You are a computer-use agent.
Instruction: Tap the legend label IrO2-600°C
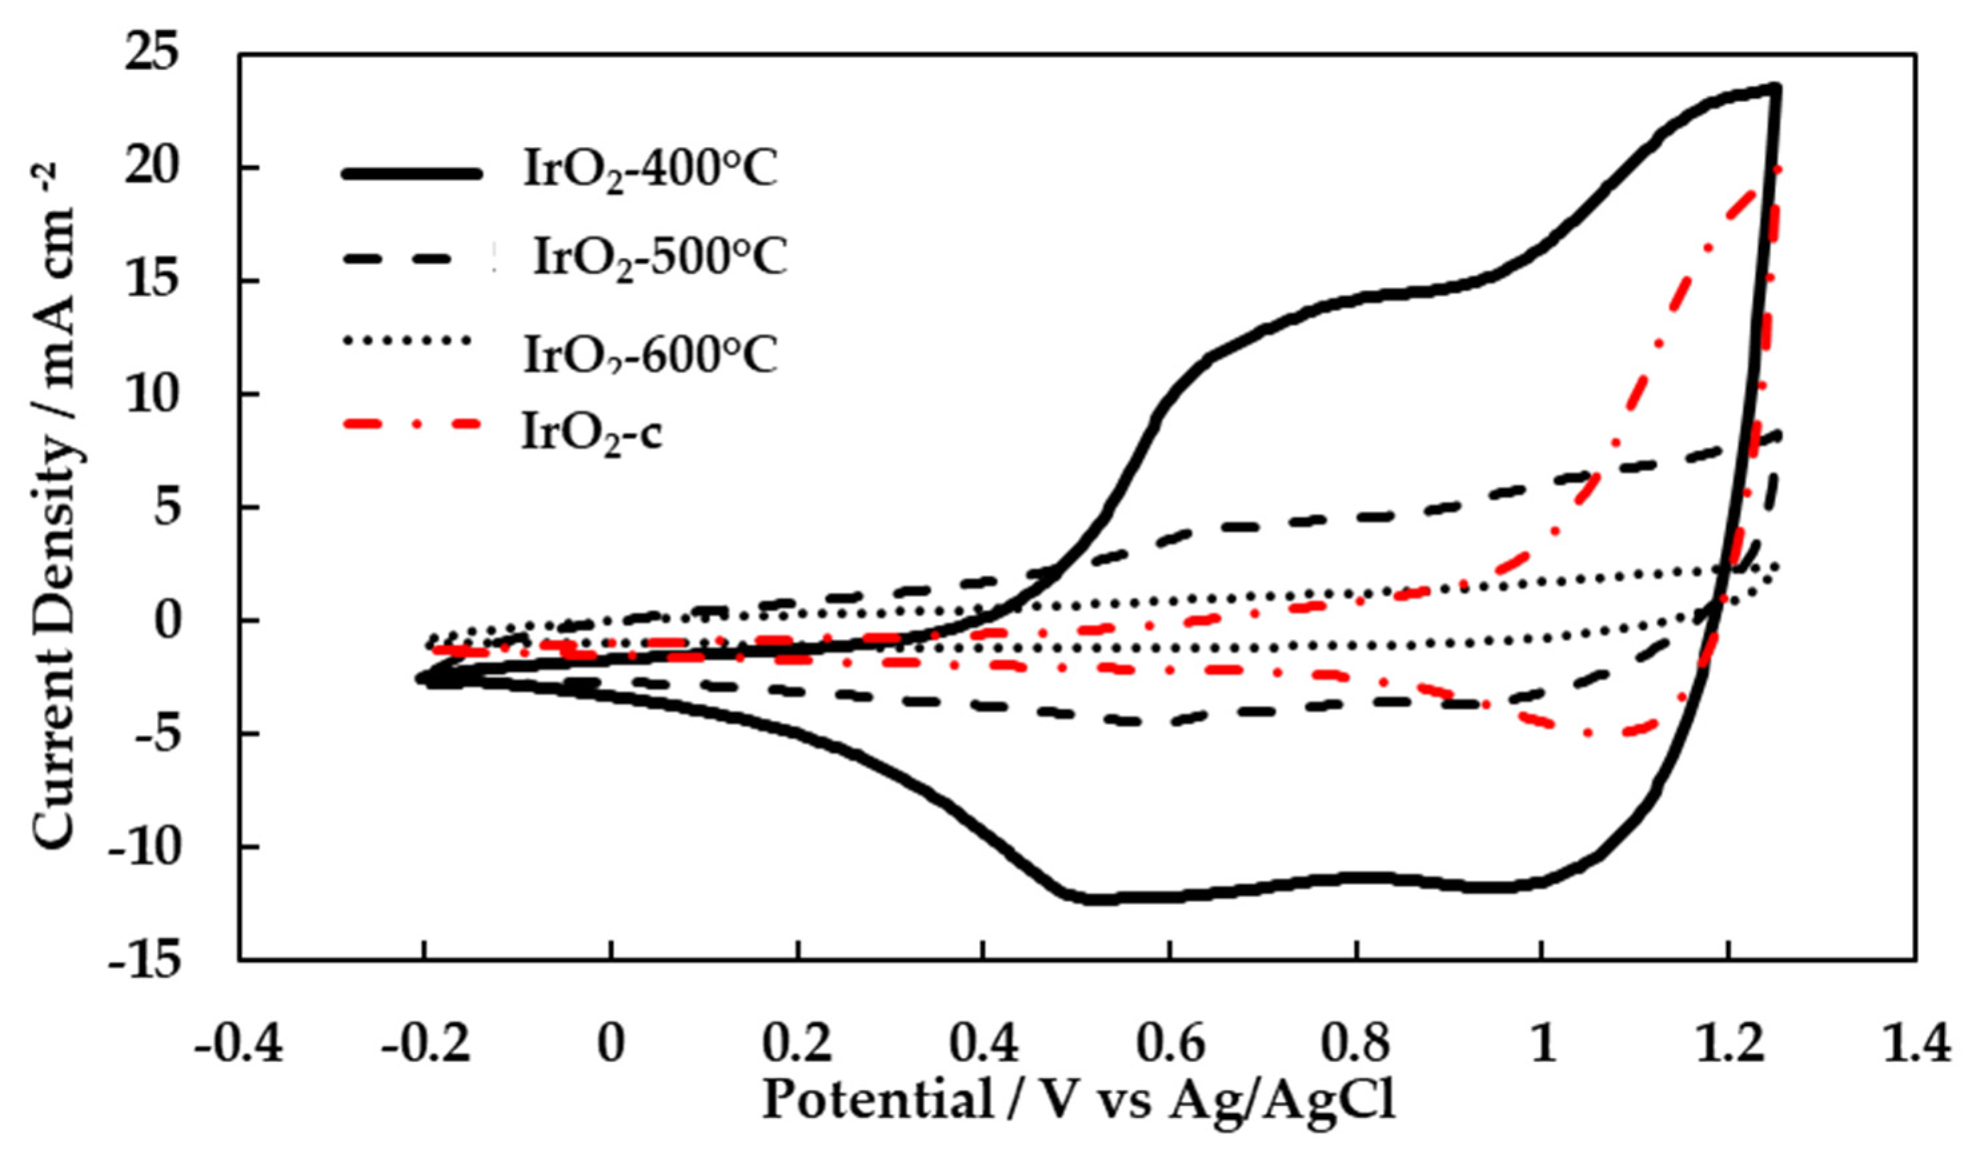point(650,356)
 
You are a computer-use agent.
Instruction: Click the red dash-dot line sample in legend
point(410,424)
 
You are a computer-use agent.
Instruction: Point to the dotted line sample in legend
point(406,340)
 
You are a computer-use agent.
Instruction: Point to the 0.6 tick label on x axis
point(1169,1046)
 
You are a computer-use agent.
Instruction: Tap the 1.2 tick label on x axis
point(1728,1046)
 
